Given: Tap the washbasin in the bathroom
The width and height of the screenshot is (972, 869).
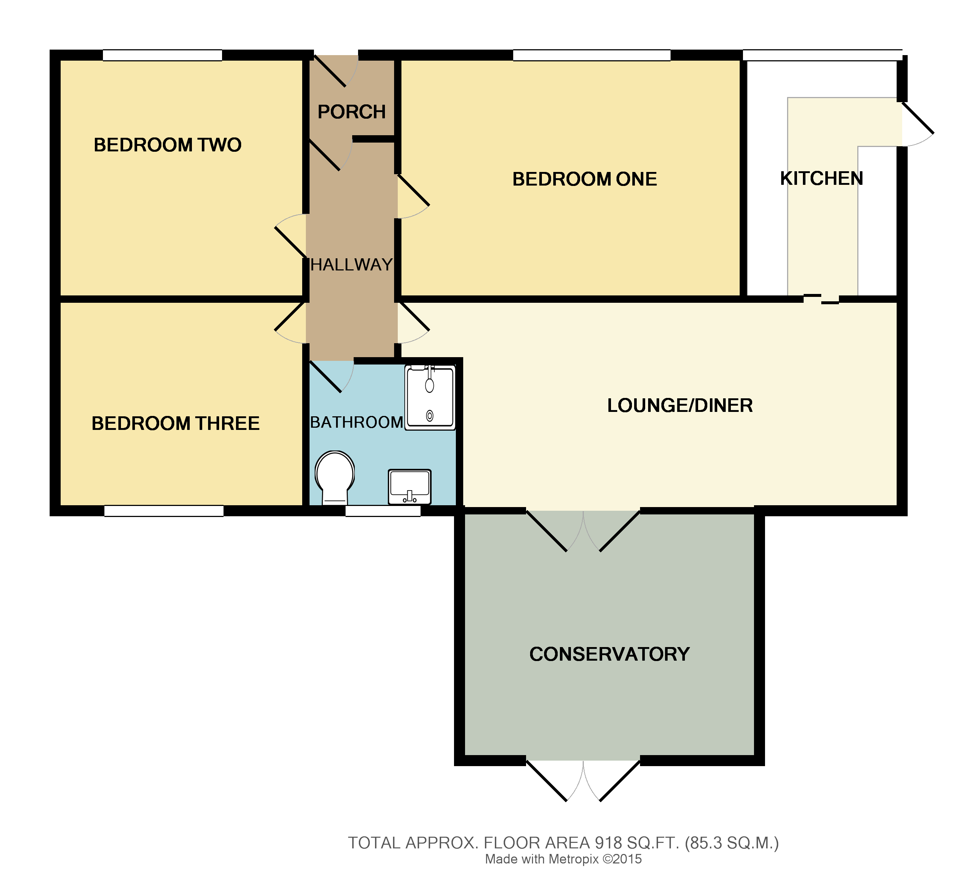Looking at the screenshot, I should (409, 486).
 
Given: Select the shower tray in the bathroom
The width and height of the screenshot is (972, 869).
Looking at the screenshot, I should (429, 397).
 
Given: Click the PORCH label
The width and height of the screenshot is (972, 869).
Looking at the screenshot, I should (351, 112).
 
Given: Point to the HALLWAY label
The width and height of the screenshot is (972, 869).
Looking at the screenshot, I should (351, 265).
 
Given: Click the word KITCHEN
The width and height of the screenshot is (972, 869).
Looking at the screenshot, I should (821, 178).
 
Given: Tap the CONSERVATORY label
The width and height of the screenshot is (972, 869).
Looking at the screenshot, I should (609, 654).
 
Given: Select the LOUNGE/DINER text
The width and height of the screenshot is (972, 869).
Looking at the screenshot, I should (679, 405).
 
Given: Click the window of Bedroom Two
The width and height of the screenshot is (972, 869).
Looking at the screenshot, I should (162, 55).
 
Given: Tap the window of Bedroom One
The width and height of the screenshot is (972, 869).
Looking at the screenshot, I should (591, 55).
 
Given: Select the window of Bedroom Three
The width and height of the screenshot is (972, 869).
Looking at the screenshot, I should (164, 511).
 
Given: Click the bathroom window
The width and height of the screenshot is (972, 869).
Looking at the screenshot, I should (383, 511).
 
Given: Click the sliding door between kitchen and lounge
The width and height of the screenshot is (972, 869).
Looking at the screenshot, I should (821, 299).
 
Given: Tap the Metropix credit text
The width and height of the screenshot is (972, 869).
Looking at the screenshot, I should (563, 859).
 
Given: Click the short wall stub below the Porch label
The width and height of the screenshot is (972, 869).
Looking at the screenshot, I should (374, 139).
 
